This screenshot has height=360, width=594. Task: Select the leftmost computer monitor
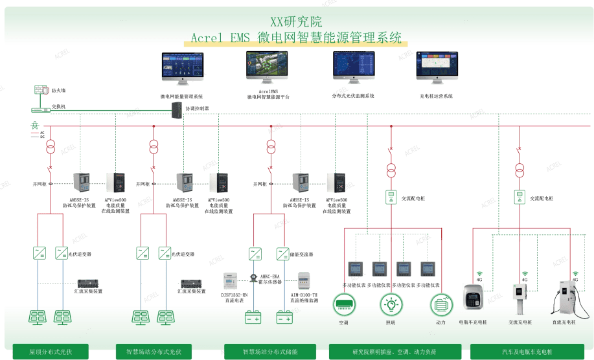click(x=182, y=68)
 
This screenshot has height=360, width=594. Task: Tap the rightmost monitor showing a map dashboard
click(x=436, y=68)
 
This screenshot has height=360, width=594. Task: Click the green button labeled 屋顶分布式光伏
click(x=51, y=352)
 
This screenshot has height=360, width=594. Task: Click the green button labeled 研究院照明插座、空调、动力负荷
click(x=394, y=352)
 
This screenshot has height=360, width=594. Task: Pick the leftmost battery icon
click(x=253, y=317)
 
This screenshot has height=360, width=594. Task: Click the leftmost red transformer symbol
click(x=49, y=146)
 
